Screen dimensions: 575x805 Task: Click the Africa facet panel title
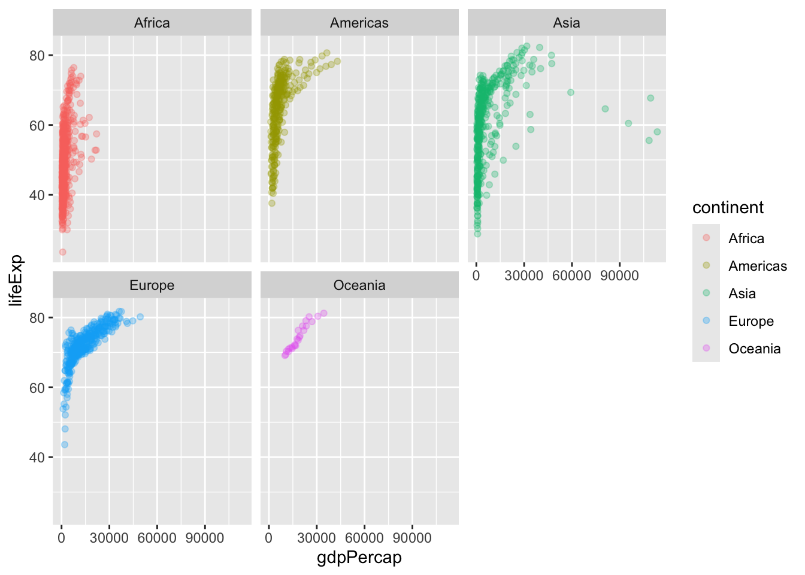click(152, 23)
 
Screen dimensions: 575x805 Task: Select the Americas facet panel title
click(359, 23)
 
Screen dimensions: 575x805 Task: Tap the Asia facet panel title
click(567, 23)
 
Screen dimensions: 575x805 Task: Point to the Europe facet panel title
click(152, 285)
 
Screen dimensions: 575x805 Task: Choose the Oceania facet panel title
click(359, 285)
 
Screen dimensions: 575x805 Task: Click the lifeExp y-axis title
click(16, 280)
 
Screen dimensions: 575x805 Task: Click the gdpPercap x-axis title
click(359, 558)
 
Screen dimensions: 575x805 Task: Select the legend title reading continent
click(728, 208)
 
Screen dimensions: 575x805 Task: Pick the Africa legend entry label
click(746, 238)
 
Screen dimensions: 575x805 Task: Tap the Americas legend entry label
click(758, 266)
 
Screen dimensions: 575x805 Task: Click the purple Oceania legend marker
click(706, 348)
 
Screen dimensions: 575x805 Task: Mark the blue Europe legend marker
click(706, 320)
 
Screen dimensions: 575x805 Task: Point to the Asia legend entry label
click(742, 293)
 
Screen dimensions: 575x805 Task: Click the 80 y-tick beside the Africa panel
click(37, 56)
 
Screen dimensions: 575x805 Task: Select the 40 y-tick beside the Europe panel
click(37, 458)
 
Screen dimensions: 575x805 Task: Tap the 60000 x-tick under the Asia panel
click(571, 276)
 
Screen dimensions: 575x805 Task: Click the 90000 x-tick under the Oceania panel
click(412, 538)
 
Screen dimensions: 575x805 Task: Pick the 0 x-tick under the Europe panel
click(61, 538)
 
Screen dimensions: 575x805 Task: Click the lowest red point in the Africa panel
click(62, 252)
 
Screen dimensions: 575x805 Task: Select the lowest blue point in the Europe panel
click(65, 444)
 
